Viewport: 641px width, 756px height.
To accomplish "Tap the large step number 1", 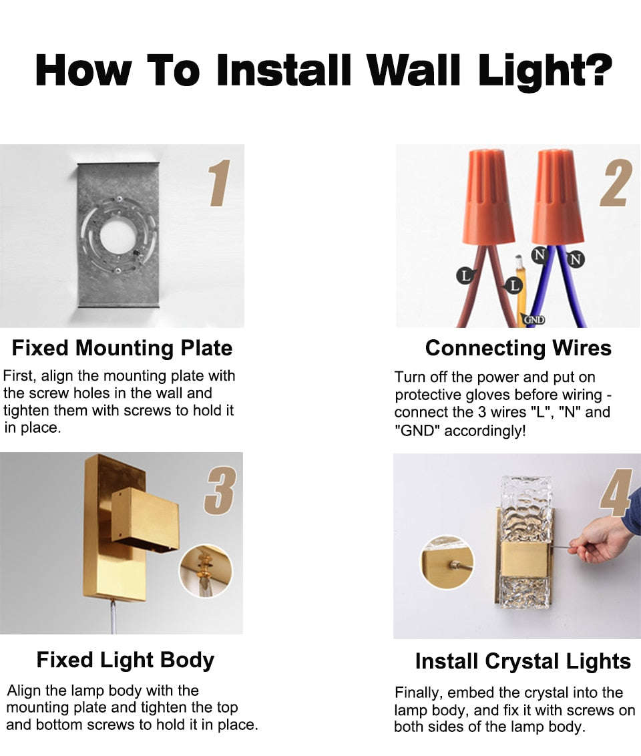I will point(220,183).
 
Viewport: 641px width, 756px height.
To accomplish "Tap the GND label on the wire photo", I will point(533,320).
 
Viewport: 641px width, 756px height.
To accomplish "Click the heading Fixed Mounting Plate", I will point(122,348).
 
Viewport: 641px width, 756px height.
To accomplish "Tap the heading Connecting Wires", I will point(518,348).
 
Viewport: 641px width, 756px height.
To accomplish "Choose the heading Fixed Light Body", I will point(126,660).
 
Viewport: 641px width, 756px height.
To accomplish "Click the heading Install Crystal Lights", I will point(523,661).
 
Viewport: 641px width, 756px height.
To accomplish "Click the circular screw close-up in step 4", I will point(447,562).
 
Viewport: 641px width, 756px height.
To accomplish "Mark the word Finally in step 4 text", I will point(418,693).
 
